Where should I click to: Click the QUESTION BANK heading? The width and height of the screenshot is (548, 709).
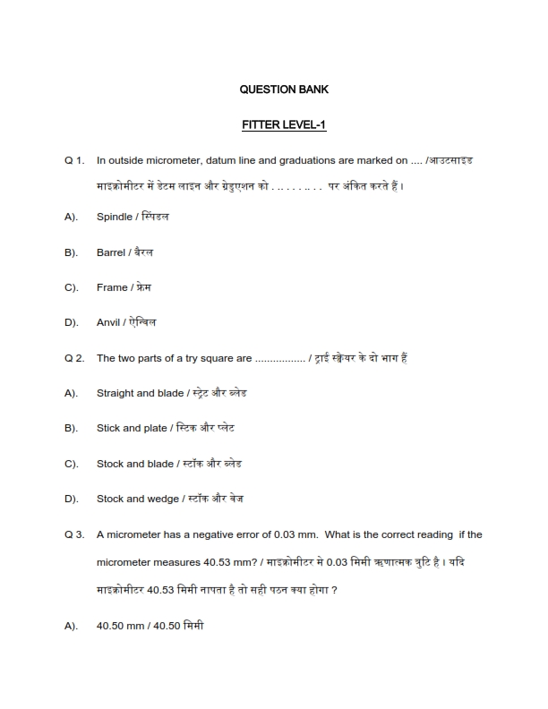pyautogui.click(x=284, y=90)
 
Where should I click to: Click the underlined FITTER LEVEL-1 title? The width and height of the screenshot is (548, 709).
pyautogui.click(x=284, y=124)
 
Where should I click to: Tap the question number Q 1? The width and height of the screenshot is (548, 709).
pyautogui.click(x=74, y=161)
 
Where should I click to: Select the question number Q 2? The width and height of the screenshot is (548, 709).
pyautogui.click(x=74, y=358)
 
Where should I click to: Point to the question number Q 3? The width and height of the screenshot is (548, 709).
pyautogui.click(x=74, y=534)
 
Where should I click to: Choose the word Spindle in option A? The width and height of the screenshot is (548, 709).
pyautogui.click(x=114, y=218)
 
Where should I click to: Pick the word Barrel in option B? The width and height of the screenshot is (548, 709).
pyautogui.click(x=111, y=252)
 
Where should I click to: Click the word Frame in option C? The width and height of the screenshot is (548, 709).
pyautogui.click(x=112, y=287)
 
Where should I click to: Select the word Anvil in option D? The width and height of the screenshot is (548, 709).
pyautogui.click(x=109, y=322)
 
